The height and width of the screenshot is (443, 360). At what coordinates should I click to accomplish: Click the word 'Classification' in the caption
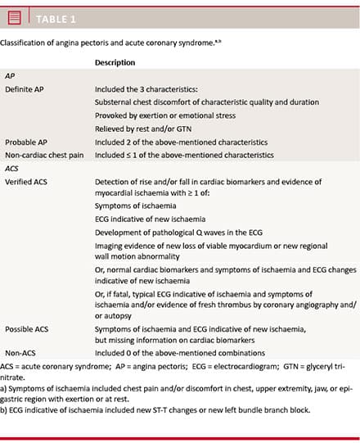click(25, 41)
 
